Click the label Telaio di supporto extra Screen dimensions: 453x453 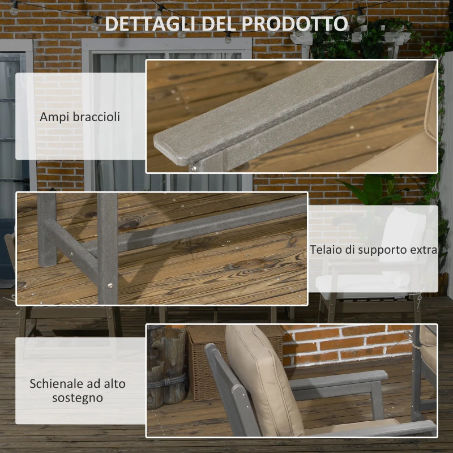point(373,250)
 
